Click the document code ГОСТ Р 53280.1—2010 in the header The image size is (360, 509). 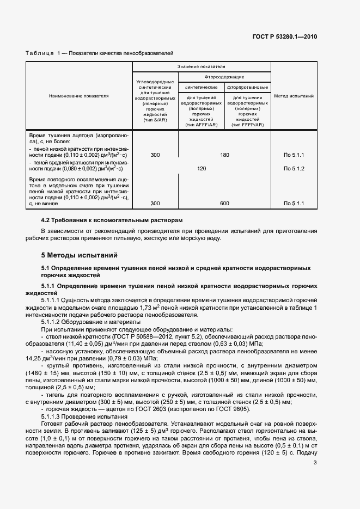285,36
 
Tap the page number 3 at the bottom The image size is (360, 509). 315,463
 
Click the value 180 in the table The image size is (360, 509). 224,155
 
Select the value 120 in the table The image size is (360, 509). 202,168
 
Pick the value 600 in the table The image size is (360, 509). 224,203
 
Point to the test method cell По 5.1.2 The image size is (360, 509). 294,168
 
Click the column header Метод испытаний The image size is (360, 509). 294,96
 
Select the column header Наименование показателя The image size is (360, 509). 79,96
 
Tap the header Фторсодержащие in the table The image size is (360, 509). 224,77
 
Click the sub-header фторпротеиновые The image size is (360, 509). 248,87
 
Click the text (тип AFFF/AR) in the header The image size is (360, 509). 202,125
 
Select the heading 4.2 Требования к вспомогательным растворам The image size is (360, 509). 112,220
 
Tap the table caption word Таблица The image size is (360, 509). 39,53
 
